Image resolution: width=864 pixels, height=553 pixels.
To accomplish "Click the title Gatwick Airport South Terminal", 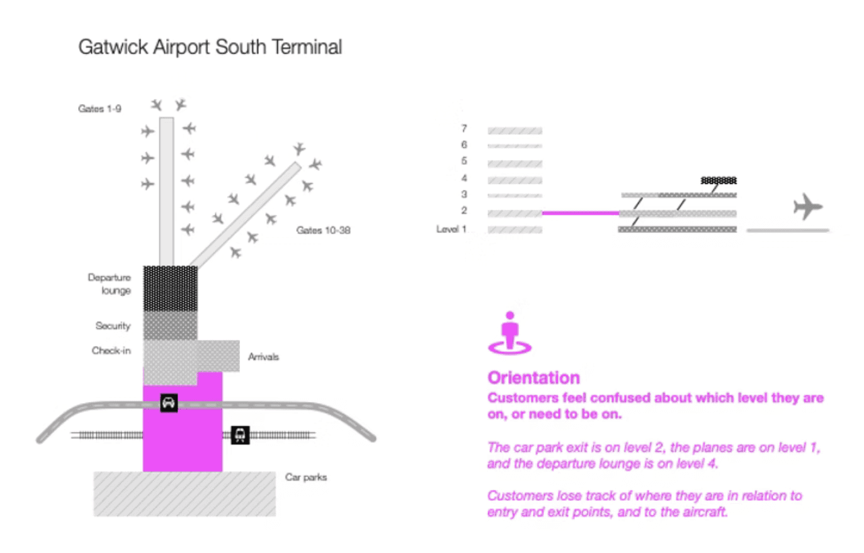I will (210, 48).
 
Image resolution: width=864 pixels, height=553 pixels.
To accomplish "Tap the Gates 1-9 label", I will (99, 109).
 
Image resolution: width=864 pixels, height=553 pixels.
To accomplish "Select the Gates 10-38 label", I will (323, 231).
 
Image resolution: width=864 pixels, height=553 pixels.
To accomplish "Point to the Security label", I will (113, 326).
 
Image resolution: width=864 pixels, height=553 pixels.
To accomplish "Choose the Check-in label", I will (111, 351).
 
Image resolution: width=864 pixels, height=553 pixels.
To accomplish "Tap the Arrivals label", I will (263, 356).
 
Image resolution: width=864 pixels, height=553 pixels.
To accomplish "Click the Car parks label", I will (306, 477).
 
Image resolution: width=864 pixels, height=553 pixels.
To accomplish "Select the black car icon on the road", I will (168, 402).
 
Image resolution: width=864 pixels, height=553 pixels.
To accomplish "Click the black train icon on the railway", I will (241, 435).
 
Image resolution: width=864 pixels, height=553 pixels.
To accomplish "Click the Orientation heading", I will (533, 378).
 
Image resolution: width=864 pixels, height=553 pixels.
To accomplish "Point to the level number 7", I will (464, 128).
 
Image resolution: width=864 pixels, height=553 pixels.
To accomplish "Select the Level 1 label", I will (452, 229).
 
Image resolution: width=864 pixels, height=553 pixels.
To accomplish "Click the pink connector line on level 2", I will (580, 214).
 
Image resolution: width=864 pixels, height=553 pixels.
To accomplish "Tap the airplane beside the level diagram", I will (808, 207).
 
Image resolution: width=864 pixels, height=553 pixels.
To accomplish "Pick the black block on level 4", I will (719, 180).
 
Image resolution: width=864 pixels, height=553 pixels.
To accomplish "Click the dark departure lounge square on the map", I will (170, 288).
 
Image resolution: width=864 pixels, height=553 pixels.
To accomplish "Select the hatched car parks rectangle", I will (185, 494).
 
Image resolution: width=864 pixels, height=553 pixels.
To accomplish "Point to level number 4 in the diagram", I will (464, 178).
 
